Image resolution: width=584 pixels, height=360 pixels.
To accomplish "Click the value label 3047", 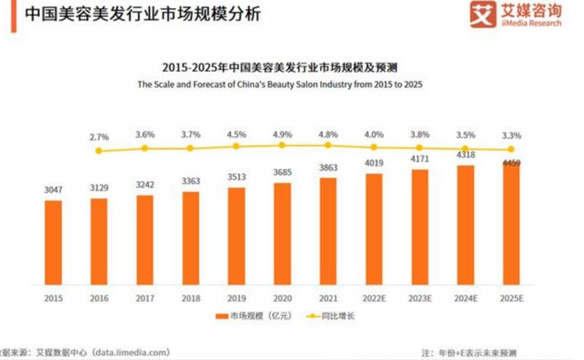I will tap(54, 190).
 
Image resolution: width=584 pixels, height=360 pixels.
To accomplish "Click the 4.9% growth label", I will tap(282, 134).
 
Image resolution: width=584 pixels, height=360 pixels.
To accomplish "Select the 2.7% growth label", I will tap(99, 138).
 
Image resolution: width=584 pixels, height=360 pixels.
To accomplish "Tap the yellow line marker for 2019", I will tap(236, 147).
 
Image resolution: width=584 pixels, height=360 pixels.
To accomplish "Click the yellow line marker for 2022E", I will tap(373, 147).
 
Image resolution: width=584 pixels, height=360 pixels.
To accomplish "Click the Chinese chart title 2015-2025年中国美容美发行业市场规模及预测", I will tap(291, 67).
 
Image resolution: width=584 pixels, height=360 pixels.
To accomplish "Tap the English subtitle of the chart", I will tap(291, 85).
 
